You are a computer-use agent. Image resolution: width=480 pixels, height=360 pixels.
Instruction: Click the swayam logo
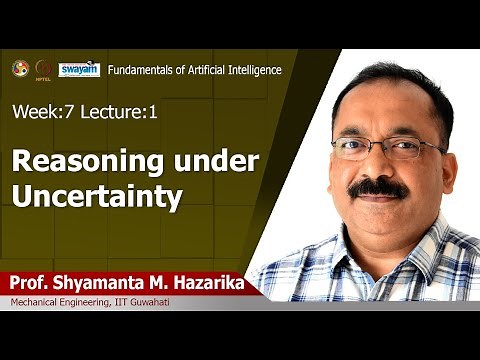[79, 69]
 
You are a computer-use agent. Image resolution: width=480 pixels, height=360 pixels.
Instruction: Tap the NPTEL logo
[44, 70]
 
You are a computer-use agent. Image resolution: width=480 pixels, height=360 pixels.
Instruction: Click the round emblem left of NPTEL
[19, 68]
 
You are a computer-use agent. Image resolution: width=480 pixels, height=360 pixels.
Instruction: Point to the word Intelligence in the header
[252, 70]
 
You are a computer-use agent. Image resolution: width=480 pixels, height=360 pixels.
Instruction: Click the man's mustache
[378, 187]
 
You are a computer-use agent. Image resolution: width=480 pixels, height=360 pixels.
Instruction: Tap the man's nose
[377, 166]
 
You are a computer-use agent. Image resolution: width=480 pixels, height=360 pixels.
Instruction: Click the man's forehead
[380, 110]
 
